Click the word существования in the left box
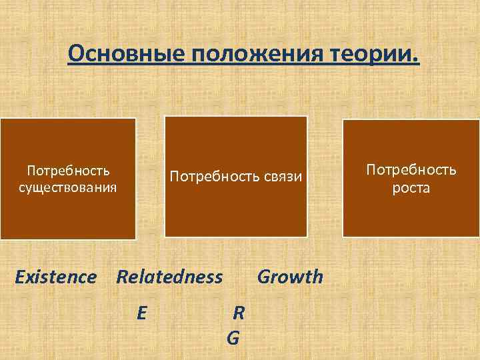click(67, 186)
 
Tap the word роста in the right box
click(411, 189)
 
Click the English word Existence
click(55, 277)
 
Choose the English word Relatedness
click(169, 277)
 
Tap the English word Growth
click(290, 277)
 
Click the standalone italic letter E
click(141, 311)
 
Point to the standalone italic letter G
click(233, 339)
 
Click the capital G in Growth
click(263, 277)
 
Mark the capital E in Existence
click(20, 277)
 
